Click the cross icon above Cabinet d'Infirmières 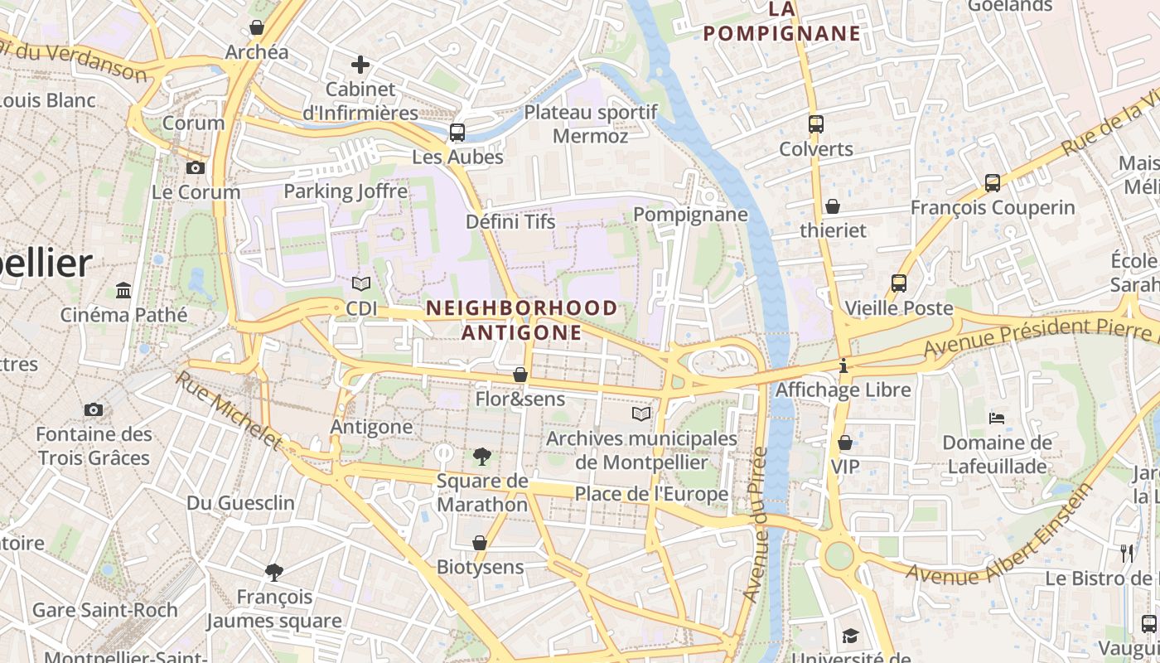(x=360, y=64)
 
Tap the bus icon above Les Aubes (x=457, y=132)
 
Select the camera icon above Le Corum (x=196, y=167)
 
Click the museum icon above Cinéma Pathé (x=124, y=290)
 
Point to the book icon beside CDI (x=361, y=284)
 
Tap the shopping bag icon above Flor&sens (x=520, y=375)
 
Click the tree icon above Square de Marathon (x=482, y=456)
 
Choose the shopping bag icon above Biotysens (x=480, y=543)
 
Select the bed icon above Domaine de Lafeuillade (x=998, y=418)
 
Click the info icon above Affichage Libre (x=843, y=365)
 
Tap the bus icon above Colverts (x=816, y=124)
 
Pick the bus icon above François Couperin (x=993, y=183)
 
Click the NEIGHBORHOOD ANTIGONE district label (x=522, y=320)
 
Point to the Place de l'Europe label (x=651, y=494)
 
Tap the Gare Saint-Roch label (x=105, y=610)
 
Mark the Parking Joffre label (x=346, y=191)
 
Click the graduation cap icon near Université (x=850, y=636)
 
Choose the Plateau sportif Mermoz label (x=591, y=123)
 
